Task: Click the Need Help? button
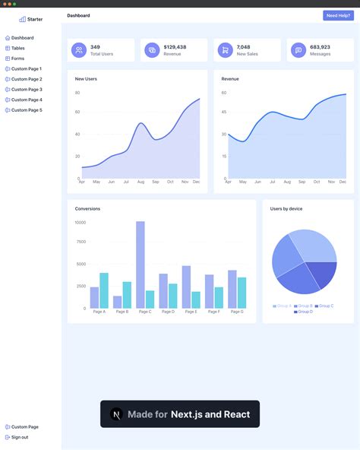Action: (x=338, y=15)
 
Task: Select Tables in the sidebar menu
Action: (x=17, y=48)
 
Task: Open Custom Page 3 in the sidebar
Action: (x=27, y=90)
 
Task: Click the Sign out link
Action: (x=20, y=437)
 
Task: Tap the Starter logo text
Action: (x=35, y=19)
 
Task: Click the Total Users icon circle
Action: (x=79, y=50)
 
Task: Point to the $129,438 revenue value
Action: (x=175, y=47)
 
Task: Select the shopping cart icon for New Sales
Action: (x=225, y=50)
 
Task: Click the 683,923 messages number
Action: (x=320, y=47)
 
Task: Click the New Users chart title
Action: (x=86, y=78)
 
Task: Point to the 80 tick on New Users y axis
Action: (x=77, y=93)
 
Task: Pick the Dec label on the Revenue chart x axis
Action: (x=343, y=182)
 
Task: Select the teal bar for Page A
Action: (x=104, y=290)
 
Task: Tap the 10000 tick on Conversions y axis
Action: (x=80, y=223)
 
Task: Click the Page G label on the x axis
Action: (x=237, y=312)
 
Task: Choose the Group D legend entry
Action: (x=304, y=312)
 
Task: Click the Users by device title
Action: (x=286, y=208)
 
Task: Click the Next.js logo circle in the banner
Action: (x=116, y=414)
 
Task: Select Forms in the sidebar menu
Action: (x=17, y=59)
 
